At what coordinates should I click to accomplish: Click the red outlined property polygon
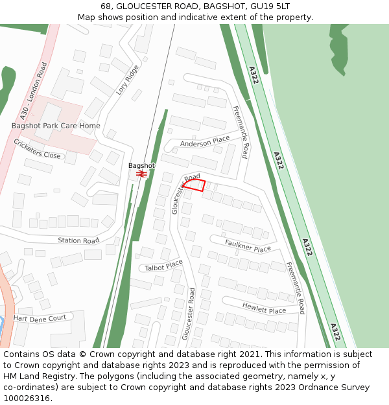pyautogui.click(x=194, y=185)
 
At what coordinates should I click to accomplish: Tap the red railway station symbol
pyautogui.click(x=142, y=174)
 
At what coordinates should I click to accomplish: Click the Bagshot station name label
pyautogui.click(x=141, y=165)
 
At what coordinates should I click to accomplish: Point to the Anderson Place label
pyautogui.click(x=205, y=141)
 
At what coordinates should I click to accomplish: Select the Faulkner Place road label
pyautogui.click(x=248, y=246)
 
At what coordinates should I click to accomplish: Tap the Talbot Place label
pyautogui.click(x=164, y=266)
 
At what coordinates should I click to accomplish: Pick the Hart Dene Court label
pyautogui.click(x=40, y=318)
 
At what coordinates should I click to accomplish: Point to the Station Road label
pyautogui.click(x=78, y=240)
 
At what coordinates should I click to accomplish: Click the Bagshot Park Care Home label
pyautogui.click(x=56, y=125)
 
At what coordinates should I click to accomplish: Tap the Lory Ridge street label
pyautogui.click(x=127, y=80)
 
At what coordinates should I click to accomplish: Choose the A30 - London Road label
pyautogui.click(x=34, y=91)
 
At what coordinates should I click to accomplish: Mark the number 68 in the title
pyautogui.click(x=106, y=6)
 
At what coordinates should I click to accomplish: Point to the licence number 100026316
pyautogui.click(x=27, y=399)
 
